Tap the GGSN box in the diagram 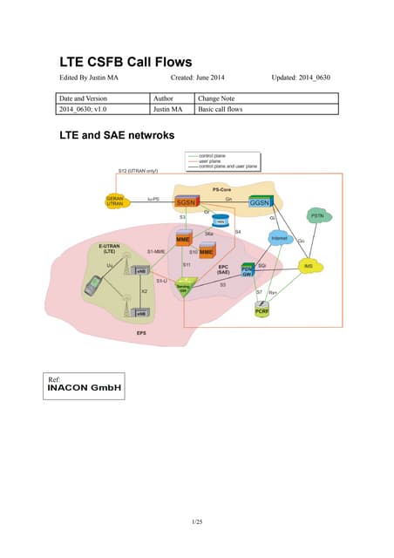260,202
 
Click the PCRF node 262,310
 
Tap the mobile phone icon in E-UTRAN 93,285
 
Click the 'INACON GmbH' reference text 84,386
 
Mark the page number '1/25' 197,521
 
